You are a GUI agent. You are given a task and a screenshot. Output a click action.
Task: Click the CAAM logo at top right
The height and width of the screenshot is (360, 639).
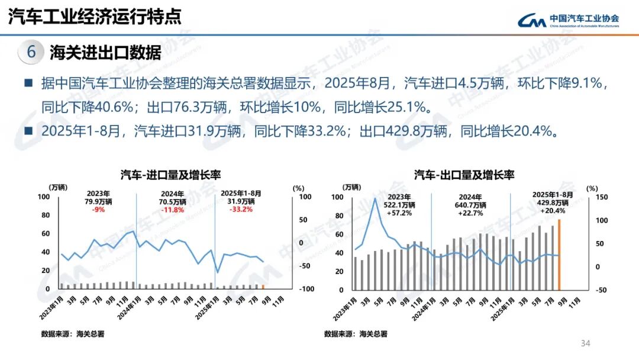(x=568, y=20)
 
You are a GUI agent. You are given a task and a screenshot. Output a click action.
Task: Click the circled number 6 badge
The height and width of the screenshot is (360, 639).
(x=30, y=52)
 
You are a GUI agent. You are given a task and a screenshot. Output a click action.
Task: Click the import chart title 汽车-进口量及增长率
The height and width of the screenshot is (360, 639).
(x=166, y=175)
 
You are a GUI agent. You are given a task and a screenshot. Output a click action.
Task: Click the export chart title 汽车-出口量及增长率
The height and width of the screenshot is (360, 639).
(x=464, y=175)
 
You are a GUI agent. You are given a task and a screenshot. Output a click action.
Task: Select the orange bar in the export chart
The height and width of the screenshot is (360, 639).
(x=559, y=255)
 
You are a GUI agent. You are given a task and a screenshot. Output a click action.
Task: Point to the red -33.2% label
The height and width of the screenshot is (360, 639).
(x=241, y=209)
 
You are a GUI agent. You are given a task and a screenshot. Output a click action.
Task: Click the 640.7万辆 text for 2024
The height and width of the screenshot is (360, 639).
(x=472, y=205)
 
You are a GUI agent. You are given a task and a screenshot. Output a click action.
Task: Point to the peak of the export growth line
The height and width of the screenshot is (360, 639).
(x=375, y=198)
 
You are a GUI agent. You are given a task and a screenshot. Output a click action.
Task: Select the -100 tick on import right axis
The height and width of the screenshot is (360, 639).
(x=306, y=289)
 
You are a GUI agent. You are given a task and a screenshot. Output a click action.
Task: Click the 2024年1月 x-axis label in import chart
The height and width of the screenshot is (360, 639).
(x=128, y=306)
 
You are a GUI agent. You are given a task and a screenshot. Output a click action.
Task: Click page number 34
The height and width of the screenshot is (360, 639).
(x=586, y=343)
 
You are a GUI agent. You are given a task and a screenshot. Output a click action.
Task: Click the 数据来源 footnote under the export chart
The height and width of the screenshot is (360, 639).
(x=356, y=334)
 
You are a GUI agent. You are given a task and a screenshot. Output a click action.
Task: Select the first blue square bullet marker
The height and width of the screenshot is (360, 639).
(x=28, y=83)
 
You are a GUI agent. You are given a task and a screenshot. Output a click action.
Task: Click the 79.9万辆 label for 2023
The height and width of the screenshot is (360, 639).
(x=98, y=201)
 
